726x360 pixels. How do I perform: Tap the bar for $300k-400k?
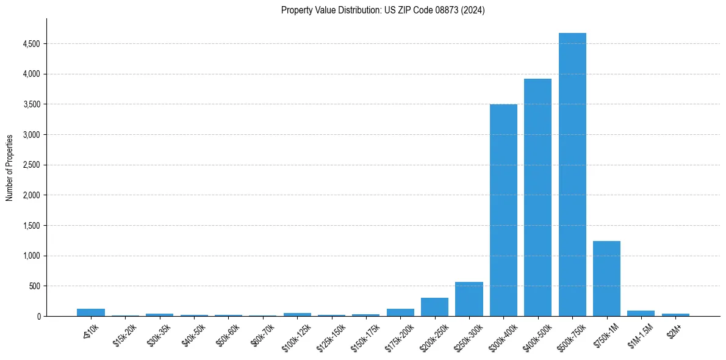point(503,210)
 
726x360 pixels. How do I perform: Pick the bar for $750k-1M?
point(606,278)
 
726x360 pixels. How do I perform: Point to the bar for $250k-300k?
point(469,299)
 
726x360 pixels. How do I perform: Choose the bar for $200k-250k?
point(434,307)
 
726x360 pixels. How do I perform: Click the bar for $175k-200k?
point(400,312)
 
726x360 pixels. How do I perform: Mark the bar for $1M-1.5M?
point(641,313)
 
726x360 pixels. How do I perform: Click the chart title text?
point(383,10)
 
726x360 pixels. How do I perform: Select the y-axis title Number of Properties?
point(10,168)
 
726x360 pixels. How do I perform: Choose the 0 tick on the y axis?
point(38,316)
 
